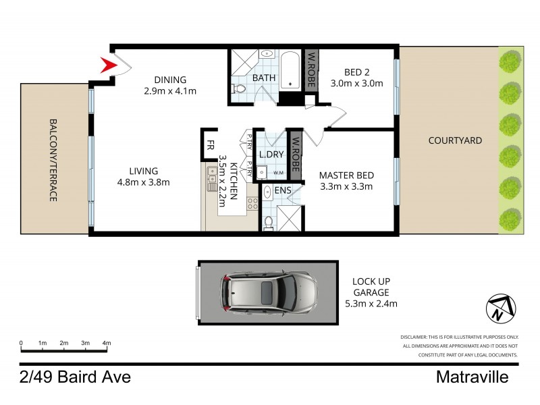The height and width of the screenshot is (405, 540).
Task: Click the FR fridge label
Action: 210,143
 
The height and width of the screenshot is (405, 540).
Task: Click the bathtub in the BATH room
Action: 290,70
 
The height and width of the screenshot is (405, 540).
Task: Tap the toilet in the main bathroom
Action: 238,88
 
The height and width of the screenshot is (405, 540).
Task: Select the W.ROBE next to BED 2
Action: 312,70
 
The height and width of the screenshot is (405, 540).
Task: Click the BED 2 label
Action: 356,72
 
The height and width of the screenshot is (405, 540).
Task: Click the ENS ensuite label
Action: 283,190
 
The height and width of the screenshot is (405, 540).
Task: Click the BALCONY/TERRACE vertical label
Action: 53,160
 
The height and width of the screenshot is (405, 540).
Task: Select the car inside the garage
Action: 268,292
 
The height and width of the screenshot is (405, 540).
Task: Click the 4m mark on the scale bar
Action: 106,344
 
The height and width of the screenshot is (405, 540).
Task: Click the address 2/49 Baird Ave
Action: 75,377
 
